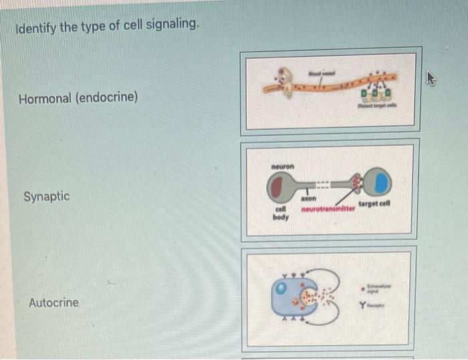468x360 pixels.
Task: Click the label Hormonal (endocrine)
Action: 78,99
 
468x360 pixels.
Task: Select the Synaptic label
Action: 46,197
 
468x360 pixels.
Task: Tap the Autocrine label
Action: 53,303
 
